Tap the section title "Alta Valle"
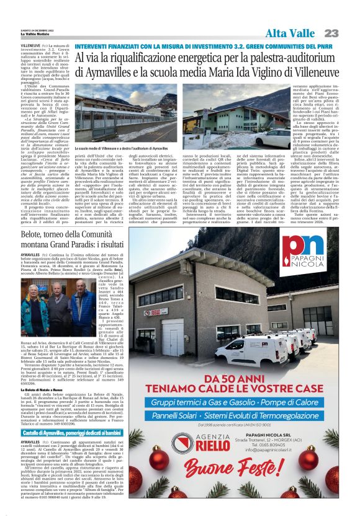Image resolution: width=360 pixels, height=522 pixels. pyautogui.click(x=290, y=33)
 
